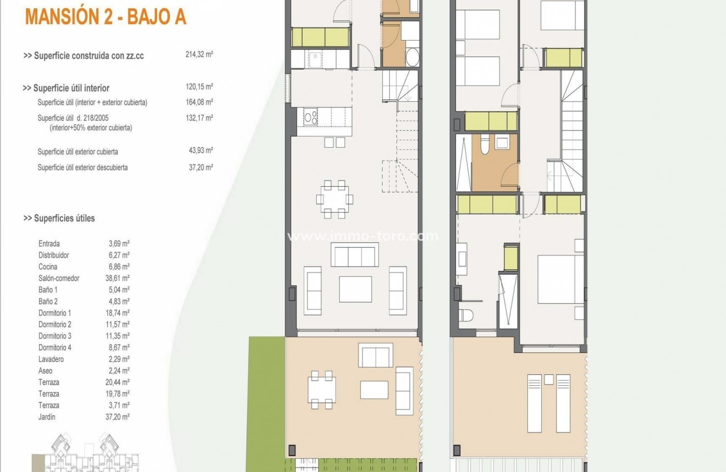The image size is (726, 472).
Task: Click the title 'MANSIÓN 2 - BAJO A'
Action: (x=106, y=17)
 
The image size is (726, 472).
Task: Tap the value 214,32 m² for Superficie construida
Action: (x=199, y=55)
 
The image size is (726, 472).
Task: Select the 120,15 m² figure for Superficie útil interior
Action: (x=199, y=87)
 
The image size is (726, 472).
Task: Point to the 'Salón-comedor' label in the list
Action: (x=59, y=278)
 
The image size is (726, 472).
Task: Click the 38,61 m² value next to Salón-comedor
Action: (x=117, y=278)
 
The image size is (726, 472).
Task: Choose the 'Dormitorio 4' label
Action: (x=55, y=347)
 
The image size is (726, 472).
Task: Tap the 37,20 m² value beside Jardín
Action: (x=117, y=417)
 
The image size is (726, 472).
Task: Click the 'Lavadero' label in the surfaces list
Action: (x=51, y=359)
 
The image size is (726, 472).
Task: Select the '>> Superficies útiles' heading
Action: (x=59, y=218)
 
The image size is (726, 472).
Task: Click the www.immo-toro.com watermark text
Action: (x=363, y=237)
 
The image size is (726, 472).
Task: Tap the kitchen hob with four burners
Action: (x=310, y=117)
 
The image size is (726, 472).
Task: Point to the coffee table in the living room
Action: (x=355, y=289)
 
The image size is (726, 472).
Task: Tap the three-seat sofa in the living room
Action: (x=354, y=254)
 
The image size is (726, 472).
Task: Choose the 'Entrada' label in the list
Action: (x=49, y=243)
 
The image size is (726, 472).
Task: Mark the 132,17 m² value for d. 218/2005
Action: (x=199, y=118)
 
